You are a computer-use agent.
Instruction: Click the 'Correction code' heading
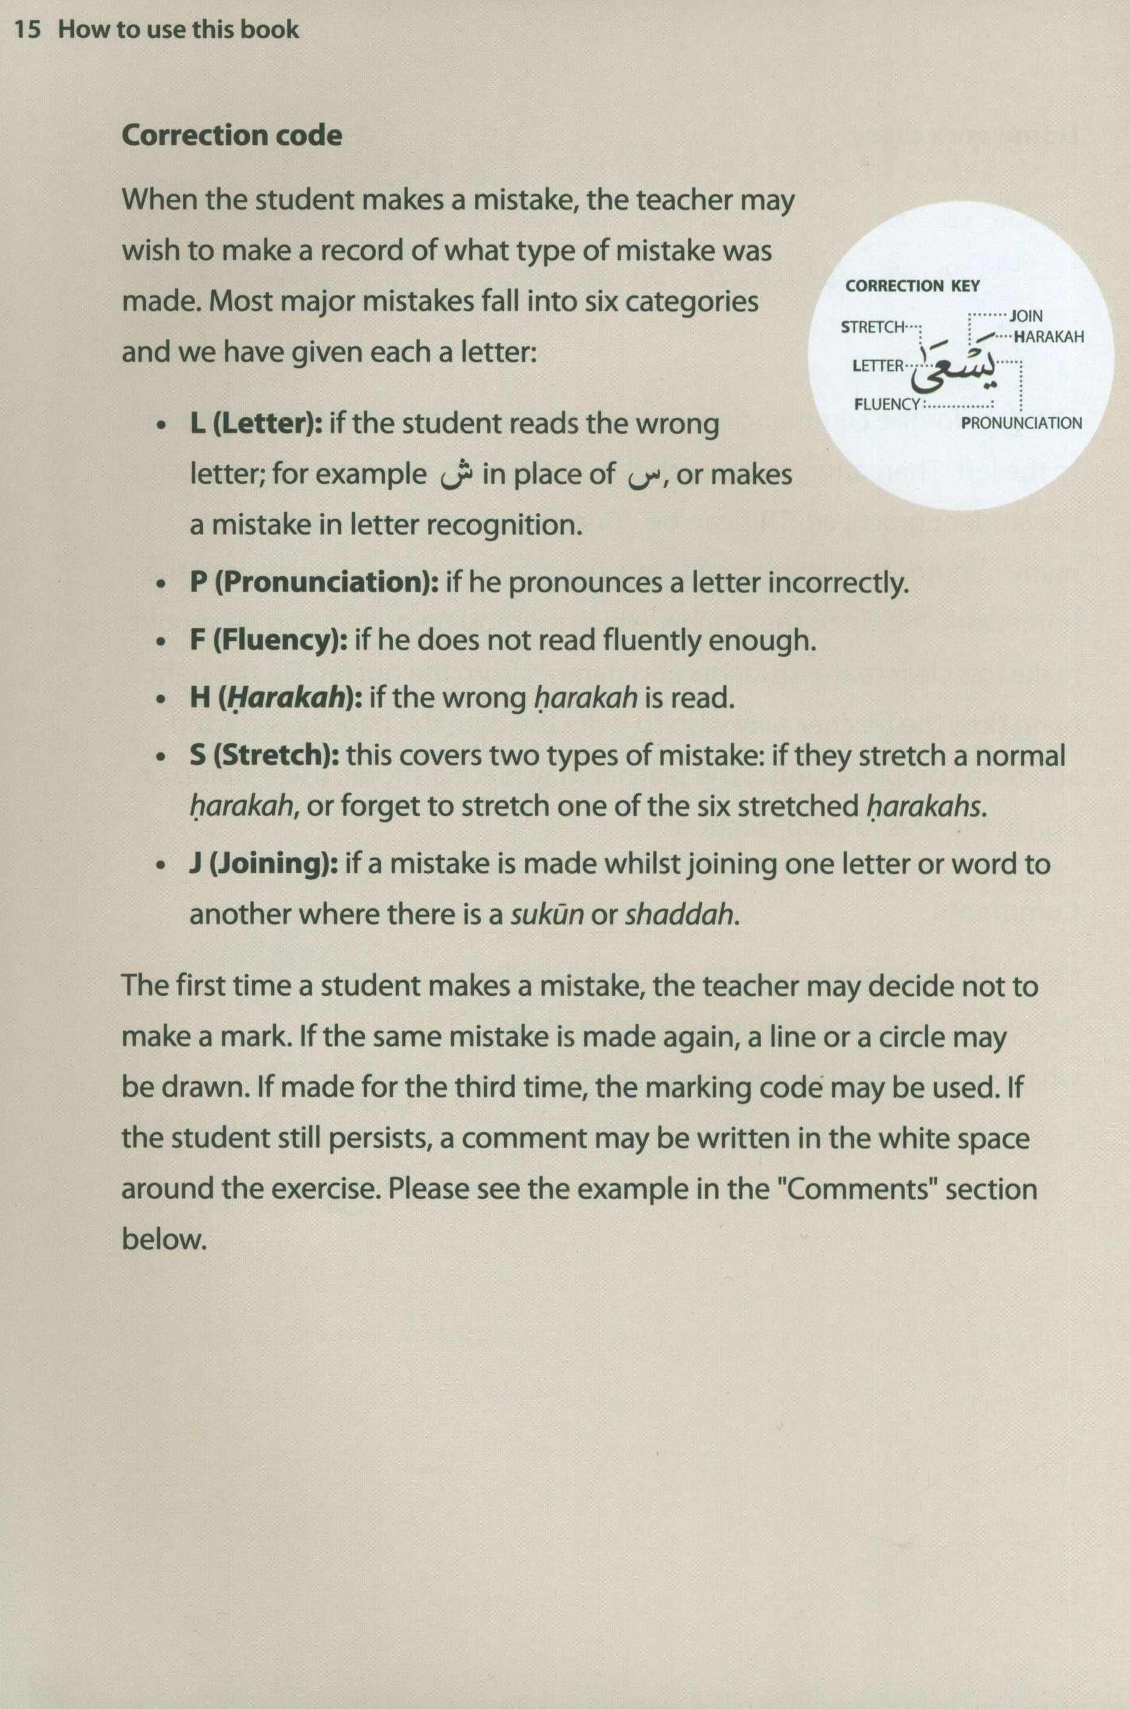pos(231,135)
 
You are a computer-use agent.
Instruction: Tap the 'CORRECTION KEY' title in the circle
pos(913,286)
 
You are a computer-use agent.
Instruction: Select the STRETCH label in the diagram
pos(872,327)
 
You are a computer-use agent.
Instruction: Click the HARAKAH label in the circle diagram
pos(1048,336)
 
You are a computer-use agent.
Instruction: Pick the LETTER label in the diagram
pos(877,365)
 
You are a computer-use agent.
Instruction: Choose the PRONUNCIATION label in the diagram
pos(1022,423)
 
